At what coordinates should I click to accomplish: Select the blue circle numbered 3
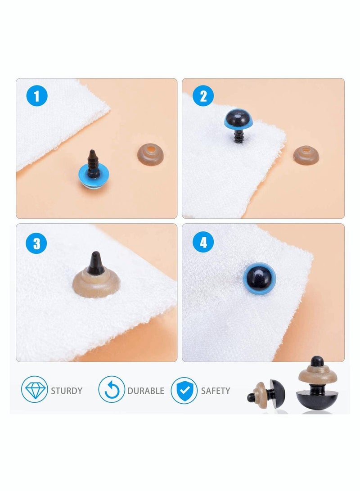[36, 243]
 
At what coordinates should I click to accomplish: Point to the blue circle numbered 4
[203, 244]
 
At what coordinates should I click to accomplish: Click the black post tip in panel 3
[96, 264]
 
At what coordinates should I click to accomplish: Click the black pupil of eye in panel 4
[260, 279]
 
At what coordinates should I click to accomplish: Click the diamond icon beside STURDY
[34, 390]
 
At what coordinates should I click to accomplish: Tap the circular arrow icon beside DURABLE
[112, 390]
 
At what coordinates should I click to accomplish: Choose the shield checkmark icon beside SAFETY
[184, 390]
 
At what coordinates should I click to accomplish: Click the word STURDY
[67, 391]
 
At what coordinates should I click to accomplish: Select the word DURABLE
[145, 391]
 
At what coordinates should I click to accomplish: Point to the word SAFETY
[216, 391]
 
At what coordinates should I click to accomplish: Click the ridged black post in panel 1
[93, 163]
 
